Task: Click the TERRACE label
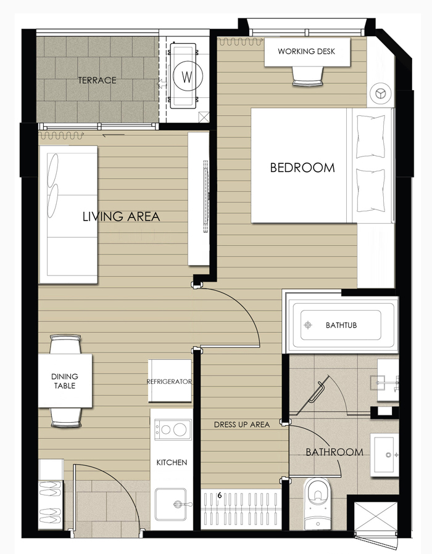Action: click(97, 80)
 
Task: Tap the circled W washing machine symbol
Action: click(187, 76)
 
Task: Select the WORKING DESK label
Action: click(306, 51)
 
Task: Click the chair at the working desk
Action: click(308, 76)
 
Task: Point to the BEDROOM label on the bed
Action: click(302, 168)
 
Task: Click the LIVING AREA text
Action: click(121, 216)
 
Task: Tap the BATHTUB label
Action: click(341, 325)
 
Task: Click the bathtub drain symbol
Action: click(308, 325)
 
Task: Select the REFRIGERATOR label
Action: click(169, 381)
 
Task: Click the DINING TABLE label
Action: click(65, 381)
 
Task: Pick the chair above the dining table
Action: click(65, 344)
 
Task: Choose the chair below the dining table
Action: click(66, 418)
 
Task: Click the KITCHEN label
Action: click(172, 463)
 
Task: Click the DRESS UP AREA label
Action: click(242, 425)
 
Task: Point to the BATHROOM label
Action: click(334, 452)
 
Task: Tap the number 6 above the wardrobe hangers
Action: click(220, 495)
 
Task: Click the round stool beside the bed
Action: click(380, 94)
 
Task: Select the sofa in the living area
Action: click(69, 214)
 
